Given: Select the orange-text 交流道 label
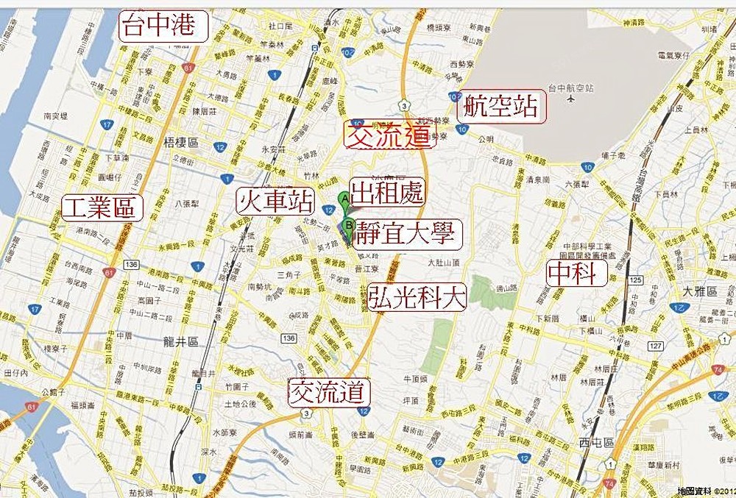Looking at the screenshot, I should coord(390,135).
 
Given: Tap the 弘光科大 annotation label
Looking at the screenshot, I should coord(418,296).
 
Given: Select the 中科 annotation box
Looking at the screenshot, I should coord(577,274).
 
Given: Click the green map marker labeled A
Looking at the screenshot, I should coord(344,199).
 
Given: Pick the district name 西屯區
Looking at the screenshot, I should coord(595,443).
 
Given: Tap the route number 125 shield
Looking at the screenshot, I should coord(635,280).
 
